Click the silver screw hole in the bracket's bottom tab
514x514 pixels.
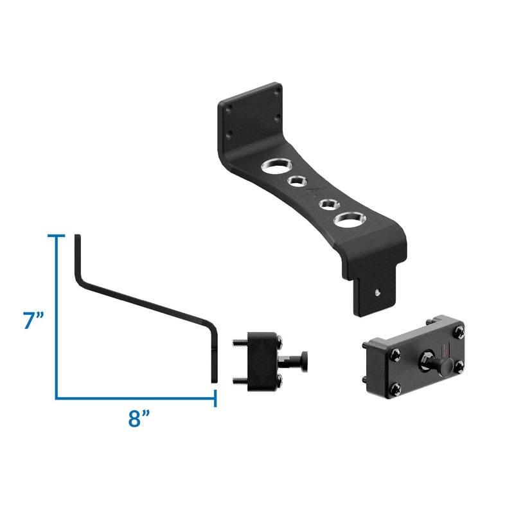tap(378, 292)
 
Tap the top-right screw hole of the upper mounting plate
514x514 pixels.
tap(277, 92)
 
